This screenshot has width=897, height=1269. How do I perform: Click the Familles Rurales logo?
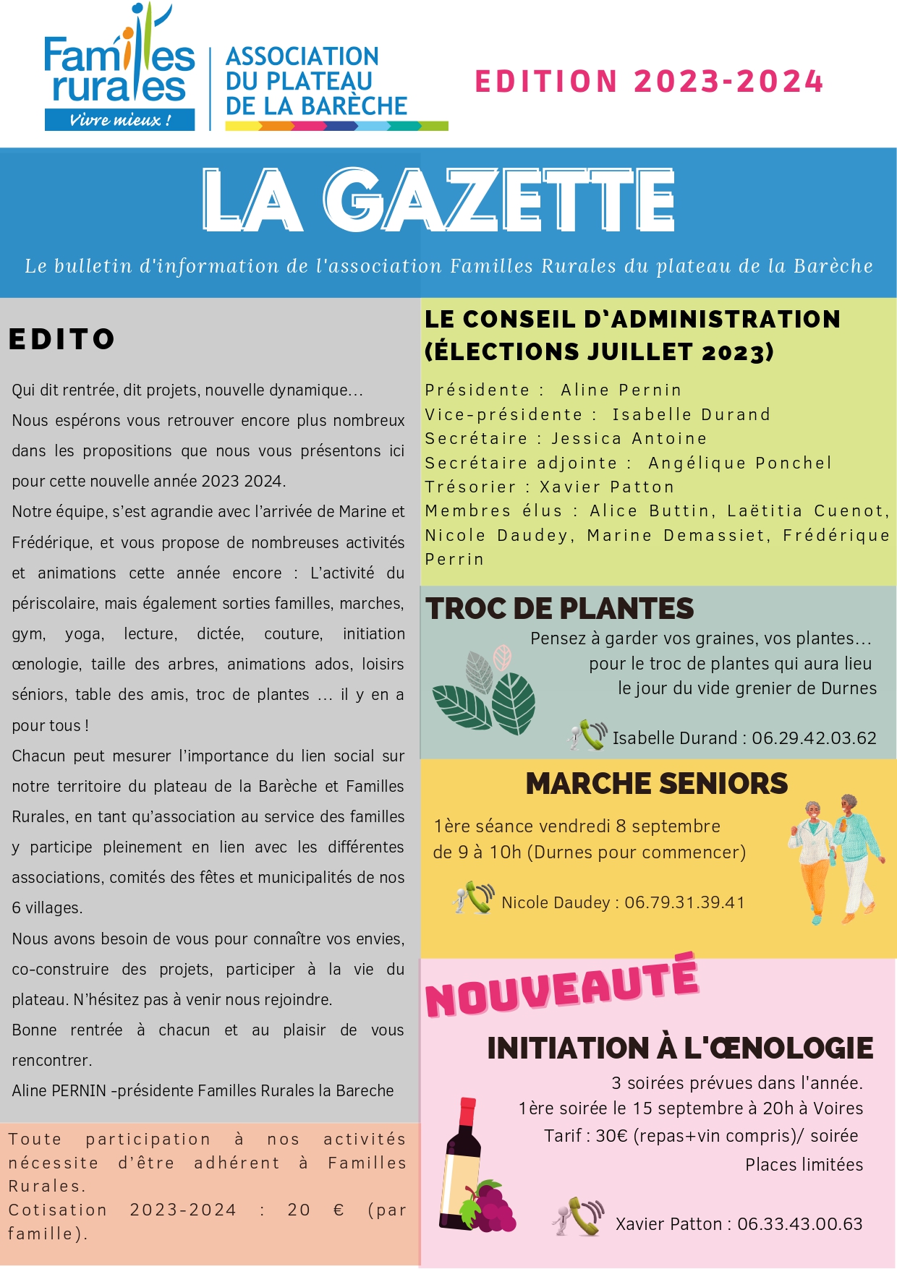pos(119,69)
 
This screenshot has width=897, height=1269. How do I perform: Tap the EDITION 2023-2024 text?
pos(649,82)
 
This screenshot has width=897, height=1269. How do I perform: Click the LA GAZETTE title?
pos(438,200)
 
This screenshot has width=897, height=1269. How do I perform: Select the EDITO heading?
pos(62,339)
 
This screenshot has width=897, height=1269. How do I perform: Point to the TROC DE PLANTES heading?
pos(559,609)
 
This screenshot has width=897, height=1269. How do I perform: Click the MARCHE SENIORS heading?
pos(656,784)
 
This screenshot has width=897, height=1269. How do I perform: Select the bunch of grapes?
pos(492,1206)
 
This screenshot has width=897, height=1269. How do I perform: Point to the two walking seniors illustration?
pos(836,859)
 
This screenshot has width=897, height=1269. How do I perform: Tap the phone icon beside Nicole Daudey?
pos(474,898)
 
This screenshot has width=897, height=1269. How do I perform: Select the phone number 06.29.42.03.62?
pos(814,738)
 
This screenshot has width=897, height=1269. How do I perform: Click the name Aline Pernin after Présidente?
pos(621,390)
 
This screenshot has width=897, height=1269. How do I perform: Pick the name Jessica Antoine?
pos(629,439)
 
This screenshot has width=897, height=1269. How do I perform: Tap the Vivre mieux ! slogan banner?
pos(119,120)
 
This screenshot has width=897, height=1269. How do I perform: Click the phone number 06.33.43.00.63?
pos(799,1224)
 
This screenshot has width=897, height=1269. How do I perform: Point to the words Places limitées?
pos(804,1165)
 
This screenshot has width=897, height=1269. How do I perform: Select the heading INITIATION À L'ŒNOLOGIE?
pos(680,1048)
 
